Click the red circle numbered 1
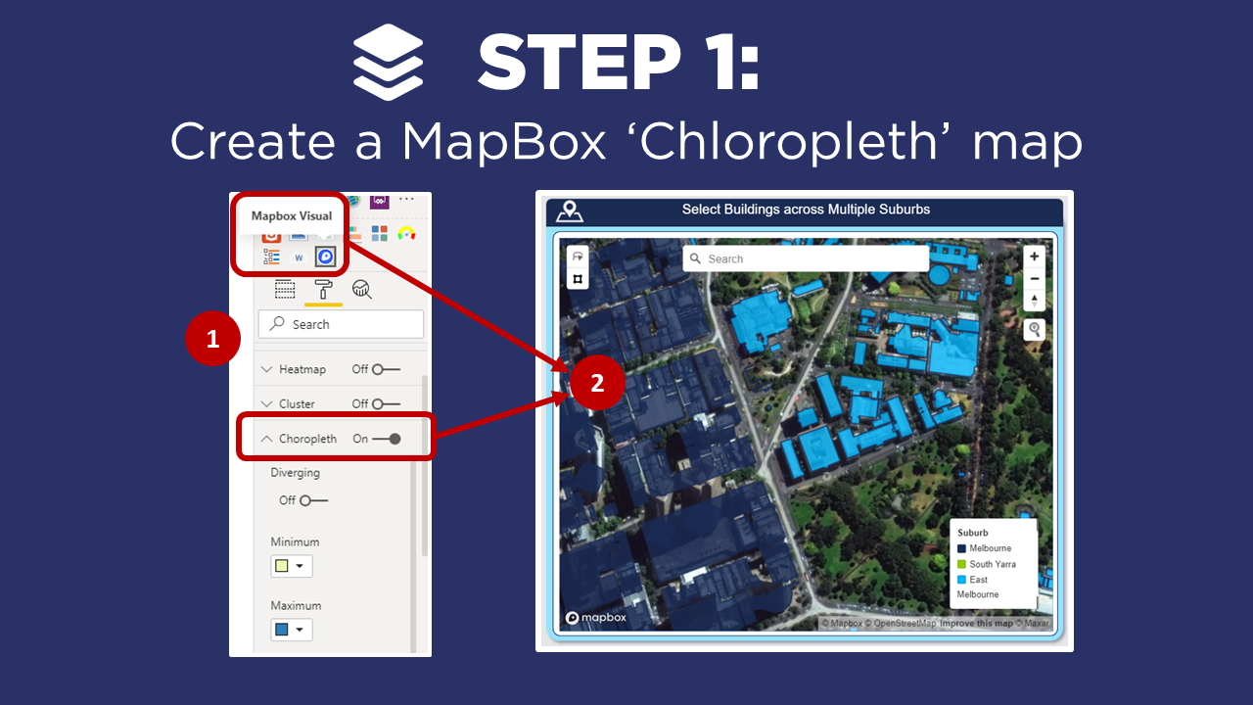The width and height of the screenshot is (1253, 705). pos(213,339)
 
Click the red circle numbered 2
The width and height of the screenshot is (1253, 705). pos(598,383)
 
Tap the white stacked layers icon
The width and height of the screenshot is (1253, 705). pos(389,62)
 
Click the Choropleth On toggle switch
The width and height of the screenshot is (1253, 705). pos(387,439)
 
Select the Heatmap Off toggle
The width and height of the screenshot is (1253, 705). pos(386,369)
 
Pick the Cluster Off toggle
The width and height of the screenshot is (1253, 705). pos(386,403)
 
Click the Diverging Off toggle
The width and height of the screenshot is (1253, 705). pos(313,500)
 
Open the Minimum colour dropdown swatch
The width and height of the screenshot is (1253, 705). pos(291,566)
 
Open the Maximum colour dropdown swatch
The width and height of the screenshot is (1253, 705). pos(291,630)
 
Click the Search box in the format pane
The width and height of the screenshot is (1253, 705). pos(341,324)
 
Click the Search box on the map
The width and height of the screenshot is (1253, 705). pos(806,258)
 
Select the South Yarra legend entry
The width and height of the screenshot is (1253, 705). pos(992,564)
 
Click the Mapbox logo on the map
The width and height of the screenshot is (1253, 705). pos(596,618)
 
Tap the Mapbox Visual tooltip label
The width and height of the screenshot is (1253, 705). pos(292,216)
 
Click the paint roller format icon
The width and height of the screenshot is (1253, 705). pos(323,289)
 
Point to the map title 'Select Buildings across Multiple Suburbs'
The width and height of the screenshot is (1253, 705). pos(806,210)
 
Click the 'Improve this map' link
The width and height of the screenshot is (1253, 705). pos(976,624)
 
